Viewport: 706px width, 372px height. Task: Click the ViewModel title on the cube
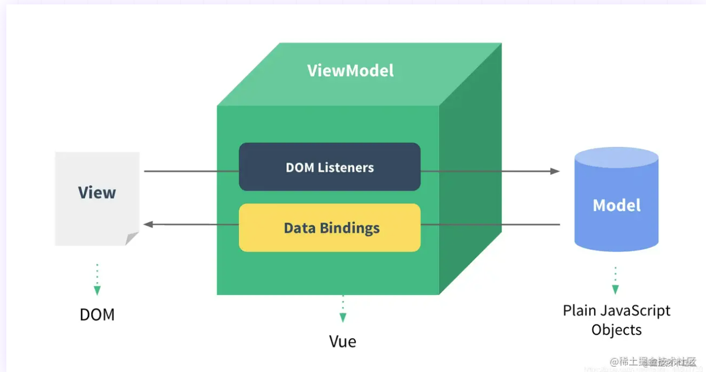350,71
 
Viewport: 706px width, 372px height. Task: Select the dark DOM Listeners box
329,167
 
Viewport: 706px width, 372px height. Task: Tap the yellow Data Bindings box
329,228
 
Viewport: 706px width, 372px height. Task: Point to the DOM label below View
97,315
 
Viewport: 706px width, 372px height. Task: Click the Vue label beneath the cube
342,341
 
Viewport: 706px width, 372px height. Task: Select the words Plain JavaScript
616,310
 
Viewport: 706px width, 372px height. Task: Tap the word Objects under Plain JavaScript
616,330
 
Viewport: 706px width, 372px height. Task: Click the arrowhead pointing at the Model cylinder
555,171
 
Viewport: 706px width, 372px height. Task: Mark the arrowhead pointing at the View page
149,224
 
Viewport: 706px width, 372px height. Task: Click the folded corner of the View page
132,239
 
